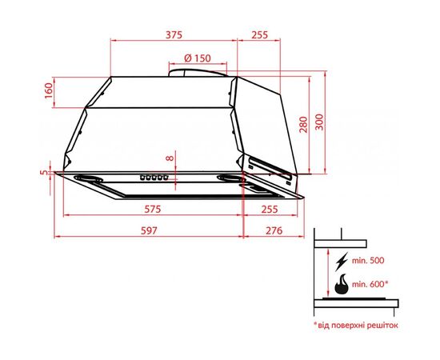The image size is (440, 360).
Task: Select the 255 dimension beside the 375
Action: click(x=259, y=34)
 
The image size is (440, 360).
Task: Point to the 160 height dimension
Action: click(x=47, y=92)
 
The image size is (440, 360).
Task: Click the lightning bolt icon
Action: click(x=342, y=261)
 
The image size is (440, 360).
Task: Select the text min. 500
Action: click(x=367, y=261)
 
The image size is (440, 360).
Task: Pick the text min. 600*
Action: click(x=370, y=283)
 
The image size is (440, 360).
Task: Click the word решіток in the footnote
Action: click(x=379, y=326)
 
